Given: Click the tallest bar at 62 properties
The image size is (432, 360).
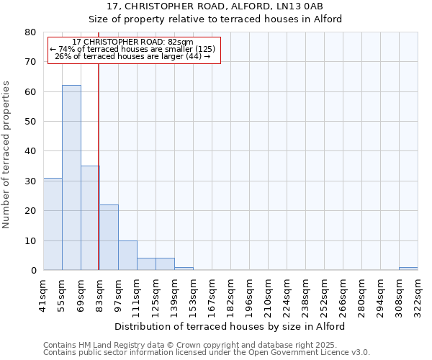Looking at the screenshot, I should (x=71, y=178).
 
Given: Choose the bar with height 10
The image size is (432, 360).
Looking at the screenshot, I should (x=127, y=256).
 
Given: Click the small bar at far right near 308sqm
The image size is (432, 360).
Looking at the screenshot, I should (x=408, y=269).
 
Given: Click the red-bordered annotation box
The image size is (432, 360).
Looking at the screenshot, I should (x=134, y=50).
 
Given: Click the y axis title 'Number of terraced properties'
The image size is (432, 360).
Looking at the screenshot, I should (x=7, y=154).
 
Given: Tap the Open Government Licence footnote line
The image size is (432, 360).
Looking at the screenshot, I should (x=207, y=352).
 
